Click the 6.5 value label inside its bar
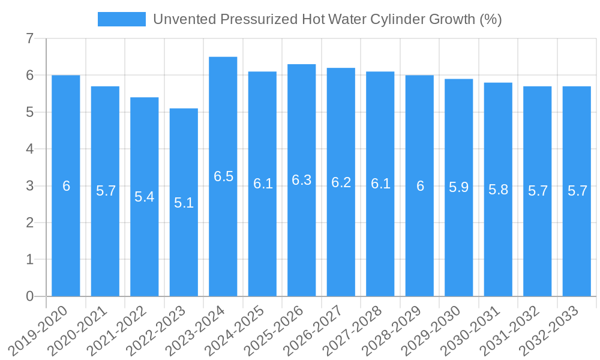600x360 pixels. coord(223,176)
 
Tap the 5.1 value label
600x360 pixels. coord(184,203)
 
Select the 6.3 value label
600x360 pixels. coord(302,180)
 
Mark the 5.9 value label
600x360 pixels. coord(459,187)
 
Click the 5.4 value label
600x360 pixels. coord(145,197)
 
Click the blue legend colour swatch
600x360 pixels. coord(121,19)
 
